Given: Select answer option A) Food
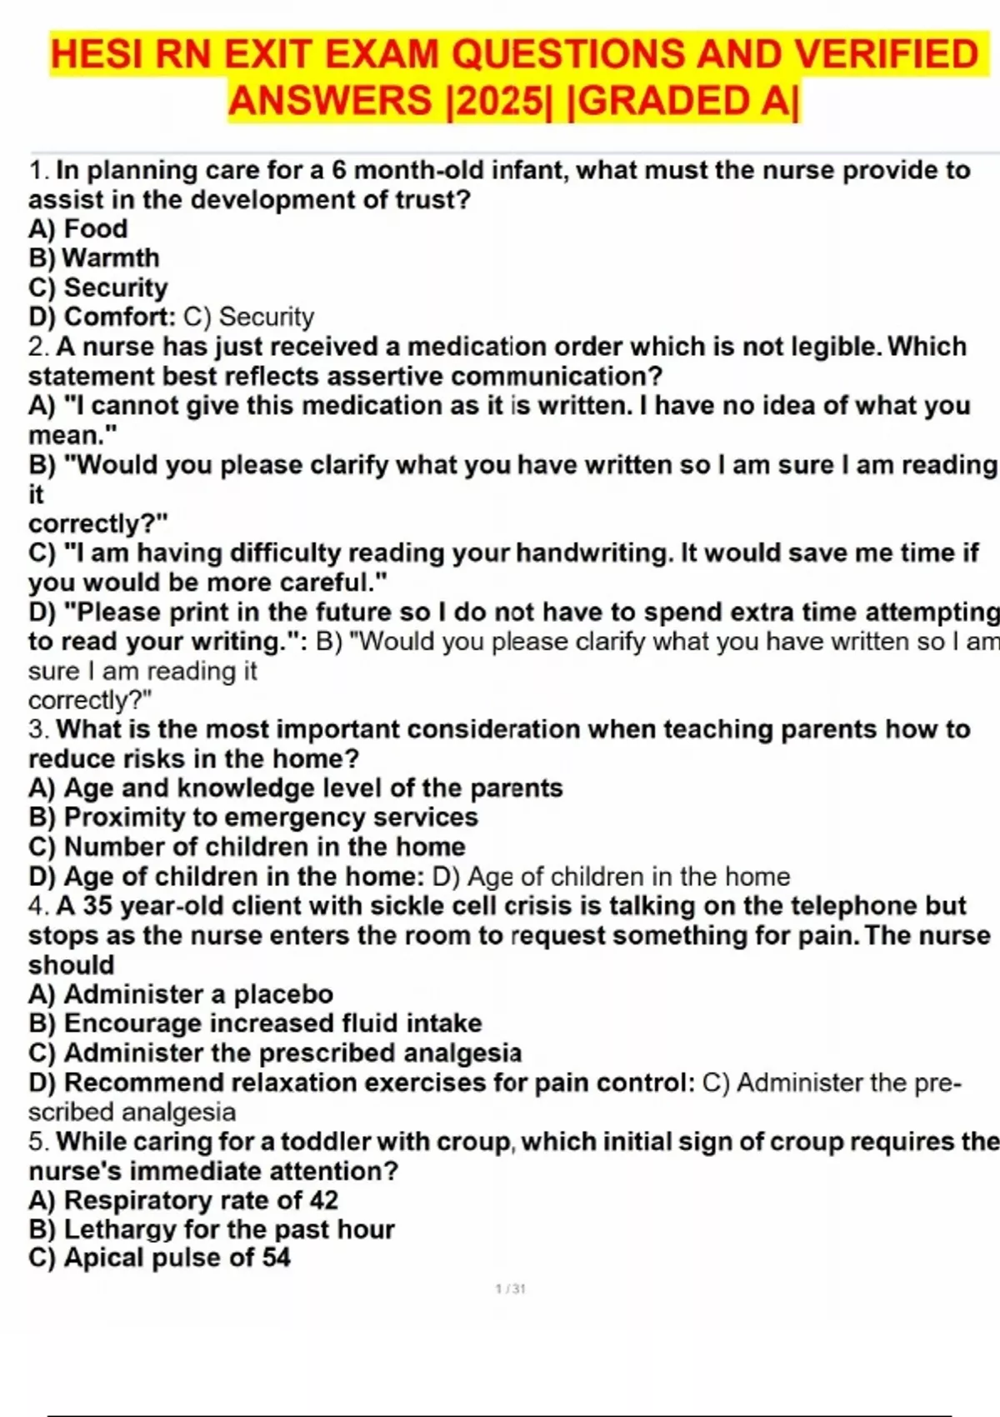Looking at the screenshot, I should tap(78, 228).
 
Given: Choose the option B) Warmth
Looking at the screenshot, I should tap(93, 258).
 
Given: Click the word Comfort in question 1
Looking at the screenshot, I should tap(117, 317).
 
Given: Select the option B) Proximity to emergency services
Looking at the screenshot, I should tap(253, 817).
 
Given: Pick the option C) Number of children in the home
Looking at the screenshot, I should tap(247, 846).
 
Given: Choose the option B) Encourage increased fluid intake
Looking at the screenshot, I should tap(255, 1024).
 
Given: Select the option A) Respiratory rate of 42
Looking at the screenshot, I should tap(183, 1200).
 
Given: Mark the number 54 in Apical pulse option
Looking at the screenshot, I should tap(276, 1258).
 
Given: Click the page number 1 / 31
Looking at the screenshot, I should tap(510, 1289).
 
